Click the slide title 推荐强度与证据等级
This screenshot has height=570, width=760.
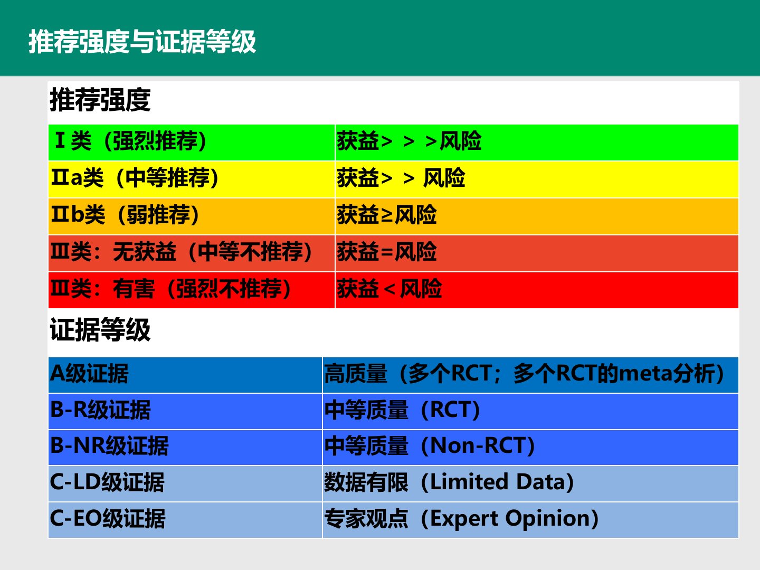142,42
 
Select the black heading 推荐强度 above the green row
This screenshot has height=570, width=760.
100,100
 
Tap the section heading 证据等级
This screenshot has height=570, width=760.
100,330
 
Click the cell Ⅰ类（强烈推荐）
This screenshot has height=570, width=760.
130,141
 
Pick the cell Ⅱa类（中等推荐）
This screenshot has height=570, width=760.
135,177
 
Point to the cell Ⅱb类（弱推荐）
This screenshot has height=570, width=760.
125,215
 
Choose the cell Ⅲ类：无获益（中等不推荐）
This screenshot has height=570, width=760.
182,252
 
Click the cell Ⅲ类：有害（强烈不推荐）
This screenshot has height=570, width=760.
170,288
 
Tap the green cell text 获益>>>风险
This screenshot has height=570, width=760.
409,141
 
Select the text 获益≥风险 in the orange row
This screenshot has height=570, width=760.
387,215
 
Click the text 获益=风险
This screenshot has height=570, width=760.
387,252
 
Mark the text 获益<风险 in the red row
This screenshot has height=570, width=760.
389,288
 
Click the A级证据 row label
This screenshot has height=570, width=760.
89,374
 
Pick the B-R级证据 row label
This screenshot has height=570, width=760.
100,410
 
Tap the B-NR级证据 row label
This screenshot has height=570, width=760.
109,446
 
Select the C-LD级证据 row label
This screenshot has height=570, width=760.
107,482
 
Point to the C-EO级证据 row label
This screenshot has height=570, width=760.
108,518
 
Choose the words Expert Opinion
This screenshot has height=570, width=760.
510,519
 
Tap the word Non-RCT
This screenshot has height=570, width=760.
478,445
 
